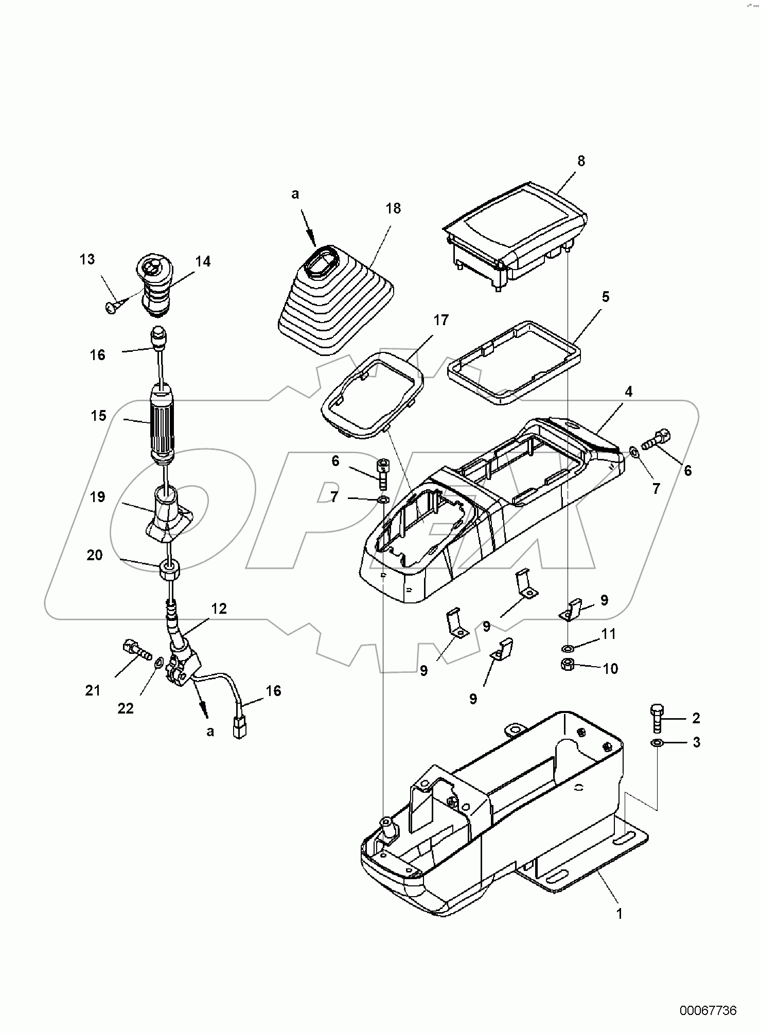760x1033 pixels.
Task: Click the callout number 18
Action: pos(393,208)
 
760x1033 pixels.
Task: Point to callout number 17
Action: pos(441,320)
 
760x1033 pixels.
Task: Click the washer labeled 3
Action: pos(657,743)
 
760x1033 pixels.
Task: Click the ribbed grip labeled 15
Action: pos(162,422)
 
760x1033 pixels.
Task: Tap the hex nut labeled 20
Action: pos(170,569)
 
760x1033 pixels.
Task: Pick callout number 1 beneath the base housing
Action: pos(620,914)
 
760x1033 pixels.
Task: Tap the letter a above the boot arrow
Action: pos(295,194)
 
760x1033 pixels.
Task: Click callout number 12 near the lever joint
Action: pos(219,609)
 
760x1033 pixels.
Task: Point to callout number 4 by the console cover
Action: pos(628,391)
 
